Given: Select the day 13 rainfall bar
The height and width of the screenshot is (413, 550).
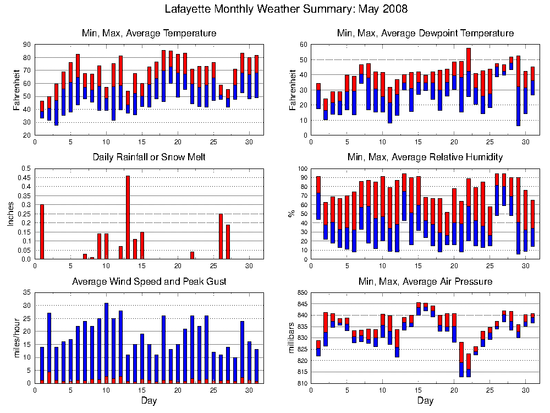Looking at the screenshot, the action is pyautogui.click(x=128, y=218).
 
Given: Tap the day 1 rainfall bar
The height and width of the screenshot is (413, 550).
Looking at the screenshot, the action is pyautogui.click(x=42, y=232).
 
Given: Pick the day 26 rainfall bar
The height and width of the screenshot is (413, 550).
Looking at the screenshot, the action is pyautogui.click(x=221, y=236).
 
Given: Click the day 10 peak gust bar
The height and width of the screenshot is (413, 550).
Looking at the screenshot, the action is pyautogui.click(x=106, y=343).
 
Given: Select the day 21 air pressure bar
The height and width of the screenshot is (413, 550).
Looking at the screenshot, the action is pyautogui.click(x=461, y=360).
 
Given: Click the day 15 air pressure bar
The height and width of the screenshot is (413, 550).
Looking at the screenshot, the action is pyautogui.click(x=419, y=309).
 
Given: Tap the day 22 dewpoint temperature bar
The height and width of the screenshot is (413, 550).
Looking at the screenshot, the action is pyautogui.click(x=469, y=72).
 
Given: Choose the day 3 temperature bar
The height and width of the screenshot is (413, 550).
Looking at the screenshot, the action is pyautogui.click(x=56, y=105).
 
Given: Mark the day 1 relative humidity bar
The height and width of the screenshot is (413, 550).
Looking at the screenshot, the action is pyautogui.click(x=318, y=198).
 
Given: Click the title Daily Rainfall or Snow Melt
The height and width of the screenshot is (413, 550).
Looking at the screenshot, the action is pyautogui.click(x=149, y=157).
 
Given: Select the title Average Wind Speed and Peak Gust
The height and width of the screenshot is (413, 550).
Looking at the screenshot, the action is pyautogui.click(x=149, y=281).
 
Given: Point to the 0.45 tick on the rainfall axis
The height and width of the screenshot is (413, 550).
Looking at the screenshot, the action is pyautogui.click(x=26, y=177).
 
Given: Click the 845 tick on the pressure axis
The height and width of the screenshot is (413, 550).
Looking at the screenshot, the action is pyautogui.click(x=302, y=304).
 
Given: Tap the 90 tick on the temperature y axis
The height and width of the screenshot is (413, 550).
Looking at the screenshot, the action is pyautogui.click(x=27, y=45).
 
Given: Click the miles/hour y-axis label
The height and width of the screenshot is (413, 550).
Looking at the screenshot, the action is pyautogui.click(x=16, y=338).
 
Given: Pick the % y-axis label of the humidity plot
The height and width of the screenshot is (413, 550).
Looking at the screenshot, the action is pyautogui.click(x=291, y=214).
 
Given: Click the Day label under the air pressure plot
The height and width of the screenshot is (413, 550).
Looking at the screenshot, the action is pyautogui.click(x=425, y=400).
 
